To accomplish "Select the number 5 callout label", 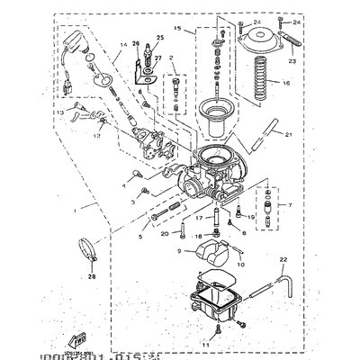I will coord(140,238).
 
